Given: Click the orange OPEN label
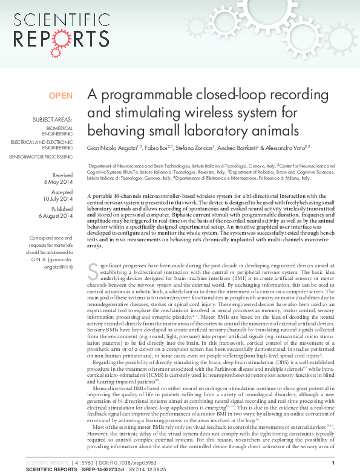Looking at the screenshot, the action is tap(61, 96).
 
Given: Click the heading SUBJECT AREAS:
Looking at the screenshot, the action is tap(53, 120).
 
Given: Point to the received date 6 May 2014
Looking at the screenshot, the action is tap(58, 181).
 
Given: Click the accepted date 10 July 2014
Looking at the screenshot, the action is tap(57, 198).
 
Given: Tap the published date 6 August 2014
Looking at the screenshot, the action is tap(56, 215).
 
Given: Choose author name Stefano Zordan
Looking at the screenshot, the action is tap(198, 148).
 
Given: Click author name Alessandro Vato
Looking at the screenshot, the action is tap(289, 148).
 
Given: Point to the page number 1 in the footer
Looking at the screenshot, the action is tap(342, 462).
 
